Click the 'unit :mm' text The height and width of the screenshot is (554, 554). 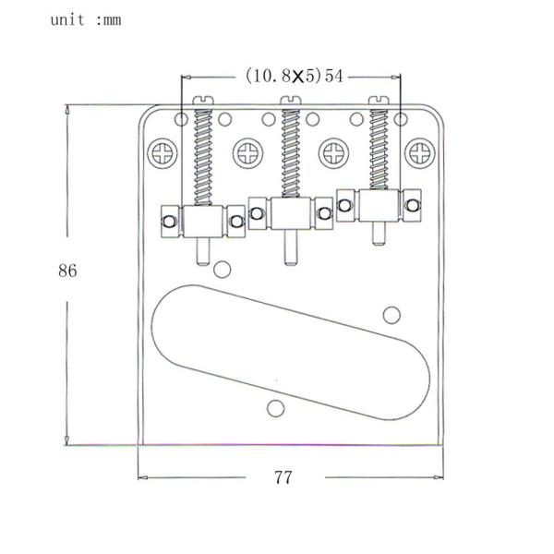86,19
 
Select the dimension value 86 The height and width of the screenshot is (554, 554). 67,271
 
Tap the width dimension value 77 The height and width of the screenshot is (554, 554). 283,477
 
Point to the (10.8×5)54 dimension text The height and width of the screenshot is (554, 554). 294,76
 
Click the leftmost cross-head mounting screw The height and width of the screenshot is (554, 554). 163,153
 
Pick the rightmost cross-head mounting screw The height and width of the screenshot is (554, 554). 420,153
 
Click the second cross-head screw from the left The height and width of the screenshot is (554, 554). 248,153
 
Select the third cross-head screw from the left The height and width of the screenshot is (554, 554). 334,153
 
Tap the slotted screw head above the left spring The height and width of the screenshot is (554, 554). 203,101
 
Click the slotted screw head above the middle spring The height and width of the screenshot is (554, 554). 291,101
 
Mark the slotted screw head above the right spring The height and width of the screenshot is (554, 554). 379,101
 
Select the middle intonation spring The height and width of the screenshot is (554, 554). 291,153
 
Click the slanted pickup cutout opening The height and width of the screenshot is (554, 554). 291,353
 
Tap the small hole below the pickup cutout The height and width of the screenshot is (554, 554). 276,408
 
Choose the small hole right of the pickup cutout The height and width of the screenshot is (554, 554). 391,315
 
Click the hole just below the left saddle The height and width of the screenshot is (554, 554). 223,270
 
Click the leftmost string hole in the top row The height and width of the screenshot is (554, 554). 181,119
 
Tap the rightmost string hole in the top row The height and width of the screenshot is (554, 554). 401,119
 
